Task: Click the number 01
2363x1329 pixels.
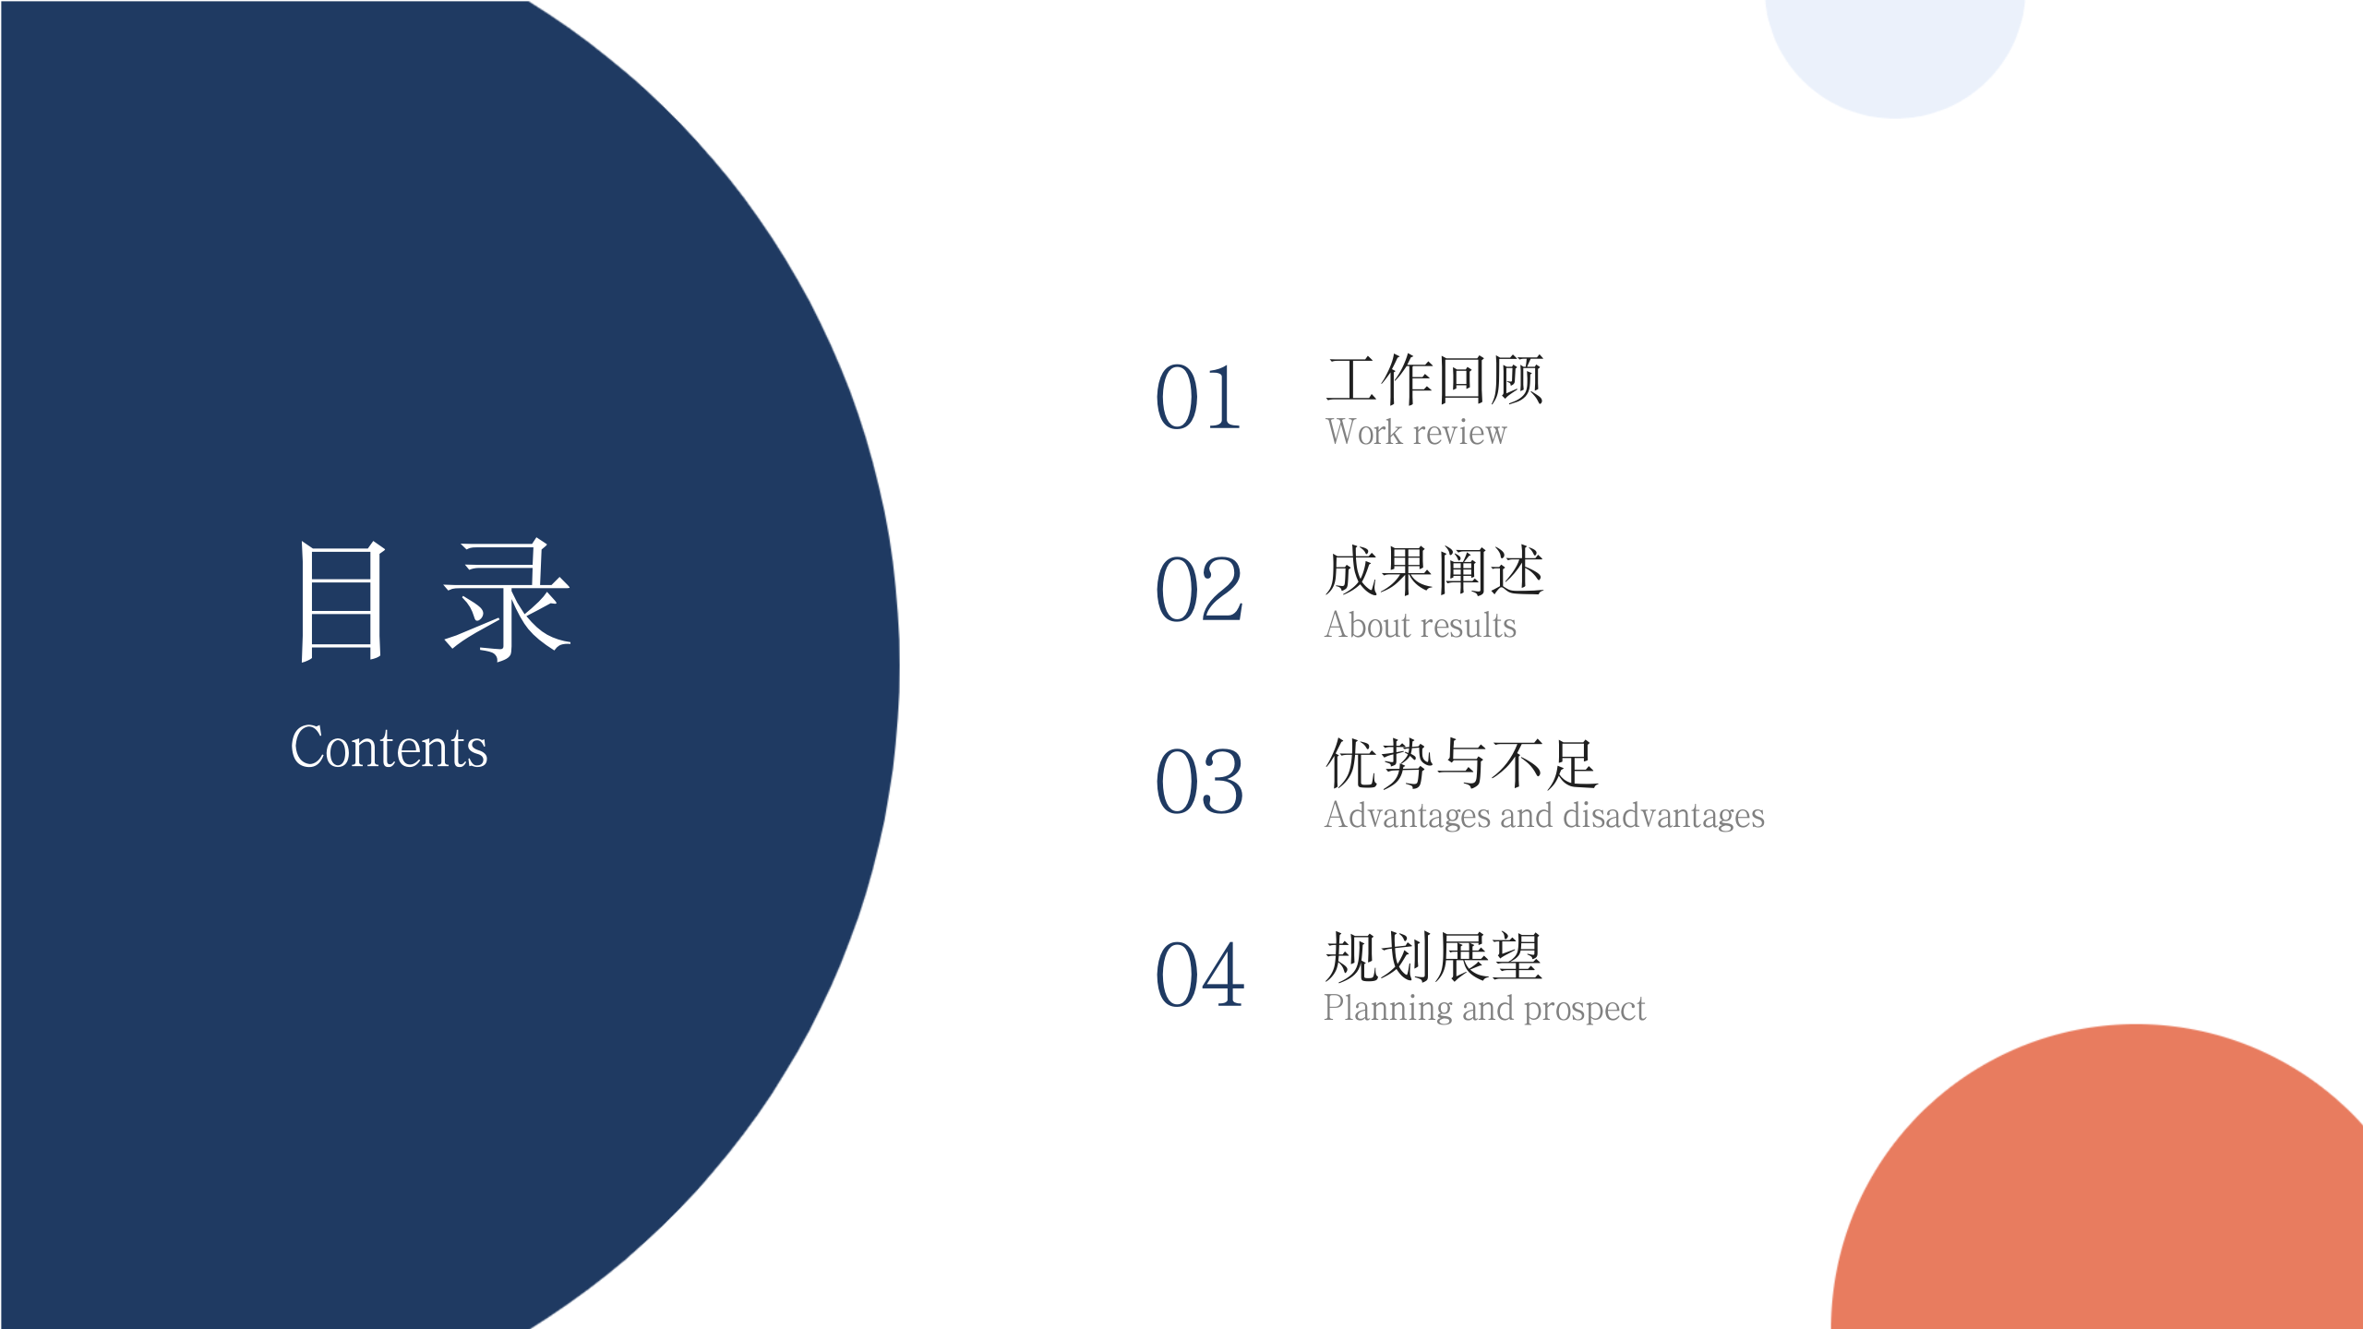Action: click(x=1198, y=398)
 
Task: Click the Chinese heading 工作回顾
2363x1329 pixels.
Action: click(x=1434, y=379)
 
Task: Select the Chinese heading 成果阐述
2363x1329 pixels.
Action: click(x=1434, y=571)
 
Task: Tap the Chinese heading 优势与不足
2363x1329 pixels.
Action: click(x=1461, y=763)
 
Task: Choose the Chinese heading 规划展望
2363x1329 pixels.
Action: click(x=1433, y=956)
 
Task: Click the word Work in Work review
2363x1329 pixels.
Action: click(x=1363, y=432)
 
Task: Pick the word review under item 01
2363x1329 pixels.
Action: click(x=1459, y=432)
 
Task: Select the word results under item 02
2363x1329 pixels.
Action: click(x=1470, y=626)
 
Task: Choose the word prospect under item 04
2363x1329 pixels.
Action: click(x=1585, y=1009)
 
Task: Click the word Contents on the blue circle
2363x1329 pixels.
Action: click(x=389, y=747)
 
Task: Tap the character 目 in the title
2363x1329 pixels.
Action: click(x=341, y=601)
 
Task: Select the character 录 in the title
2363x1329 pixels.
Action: click(x=508, y=601)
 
